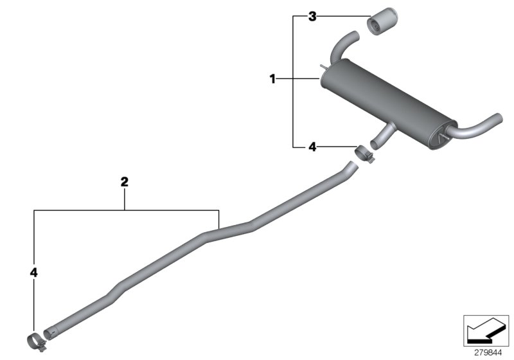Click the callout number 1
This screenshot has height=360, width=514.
tap(272, 79)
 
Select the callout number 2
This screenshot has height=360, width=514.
tap(125, 182)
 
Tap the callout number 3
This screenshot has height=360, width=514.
tap(312, 17)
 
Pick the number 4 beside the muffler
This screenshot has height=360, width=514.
tap(312, 147)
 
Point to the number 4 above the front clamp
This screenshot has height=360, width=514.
tap(33, 273)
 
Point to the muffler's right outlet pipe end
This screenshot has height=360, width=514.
tap(495, 120)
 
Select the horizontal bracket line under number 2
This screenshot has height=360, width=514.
tap(125, 210)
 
